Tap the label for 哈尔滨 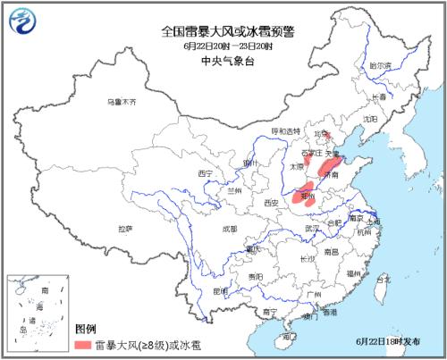(380, 65)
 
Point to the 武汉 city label (311, 229)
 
